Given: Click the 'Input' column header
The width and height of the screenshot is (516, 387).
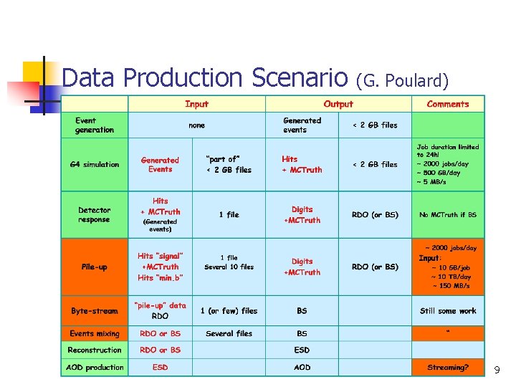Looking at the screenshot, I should [196, 104].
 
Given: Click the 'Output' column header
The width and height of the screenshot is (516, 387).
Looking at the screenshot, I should [338, 104].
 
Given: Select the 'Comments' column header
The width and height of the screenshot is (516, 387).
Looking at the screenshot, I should [447, 104].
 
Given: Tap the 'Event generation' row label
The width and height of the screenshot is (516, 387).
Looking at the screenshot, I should [95, 125].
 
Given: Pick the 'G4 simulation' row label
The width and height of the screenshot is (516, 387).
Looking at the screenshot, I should [95, 164].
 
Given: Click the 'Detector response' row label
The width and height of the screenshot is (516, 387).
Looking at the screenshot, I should [95, 215].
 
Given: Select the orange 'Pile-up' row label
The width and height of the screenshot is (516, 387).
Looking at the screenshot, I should [95, 267].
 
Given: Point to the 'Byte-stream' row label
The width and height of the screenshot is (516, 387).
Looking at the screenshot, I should [95, 311].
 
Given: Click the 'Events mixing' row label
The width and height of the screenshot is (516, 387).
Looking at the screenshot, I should [95, 333].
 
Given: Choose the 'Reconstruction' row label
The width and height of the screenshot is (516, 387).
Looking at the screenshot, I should [95, 350].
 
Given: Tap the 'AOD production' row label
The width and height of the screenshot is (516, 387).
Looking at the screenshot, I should [95, 368].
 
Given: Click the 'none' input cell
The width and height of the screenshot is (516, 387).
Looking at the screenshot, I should [196, 125].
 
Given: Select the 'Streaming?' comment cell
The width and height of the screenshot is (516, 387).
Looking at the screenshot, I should [448, 368].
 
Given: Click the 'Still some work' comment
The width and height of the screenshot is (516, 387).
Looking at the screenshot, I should [448, 311].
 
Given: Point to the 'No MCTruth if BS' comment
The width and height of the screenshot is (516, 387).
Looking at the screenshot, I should [448, 215].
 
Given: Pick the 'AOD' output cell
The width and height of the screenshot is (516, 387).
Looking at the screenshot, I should [302, 368].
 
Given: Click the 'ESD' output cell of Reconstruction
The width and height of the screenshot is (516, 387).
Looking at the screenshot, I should [302, 350].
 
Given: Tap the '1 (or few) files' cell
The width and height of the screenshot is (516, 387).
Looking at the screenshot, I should [229, 311].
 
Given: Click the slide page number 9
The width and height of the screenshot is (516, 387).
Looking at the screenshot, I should [497, 370].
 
